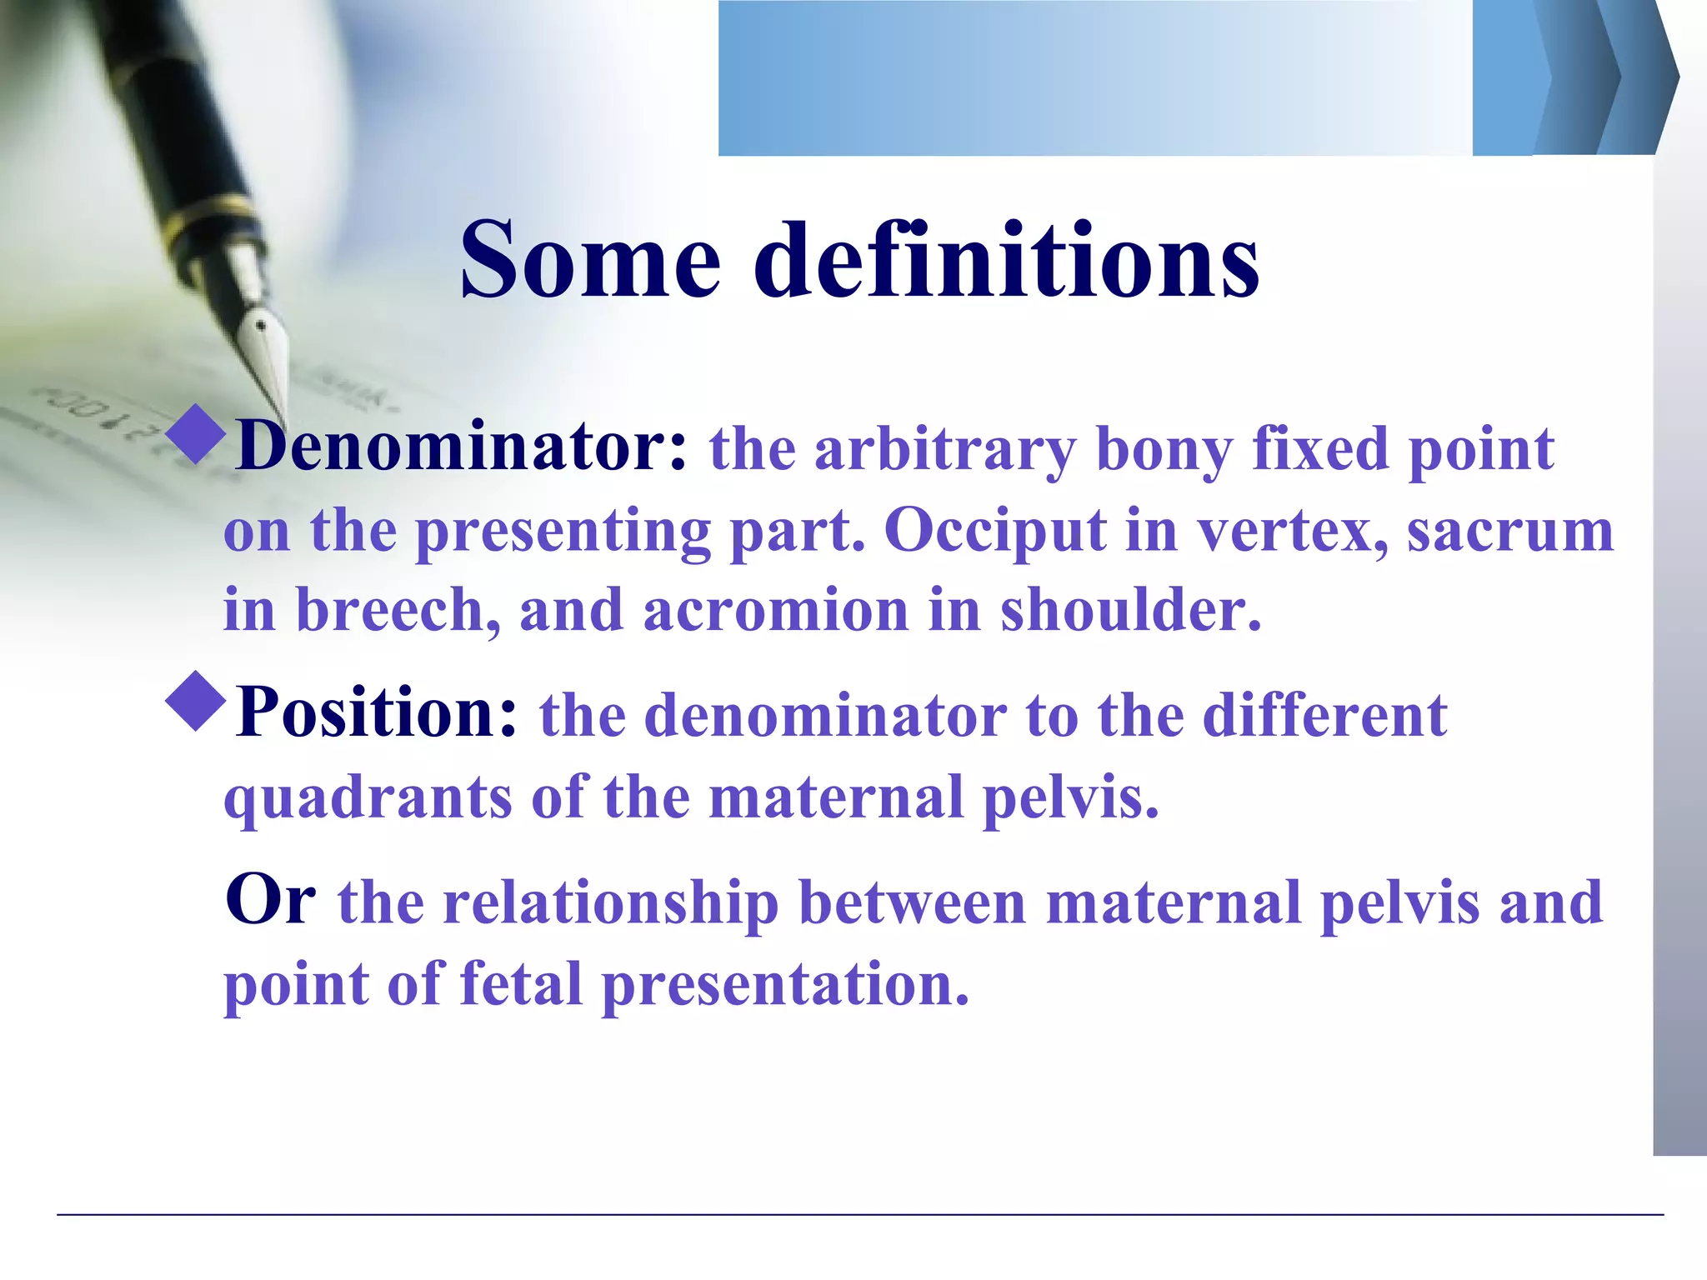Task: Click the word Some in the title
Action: click(x=589, y=260)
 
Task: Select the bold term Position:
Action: click(x=378, y=713)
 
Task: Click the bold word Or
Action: click(x=270, y=900)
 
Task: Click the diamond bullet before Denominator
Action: click(x=197, y=434)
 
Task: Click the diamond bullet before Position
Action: click(x=197, y=702)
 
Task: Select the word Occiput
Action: click(x=994, y=531)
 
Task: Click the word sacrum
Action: click(x=1509, y=531)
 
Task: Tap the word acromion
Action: click(x=775, y=610)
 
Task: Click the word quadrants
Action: click(x=368, y=798)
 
